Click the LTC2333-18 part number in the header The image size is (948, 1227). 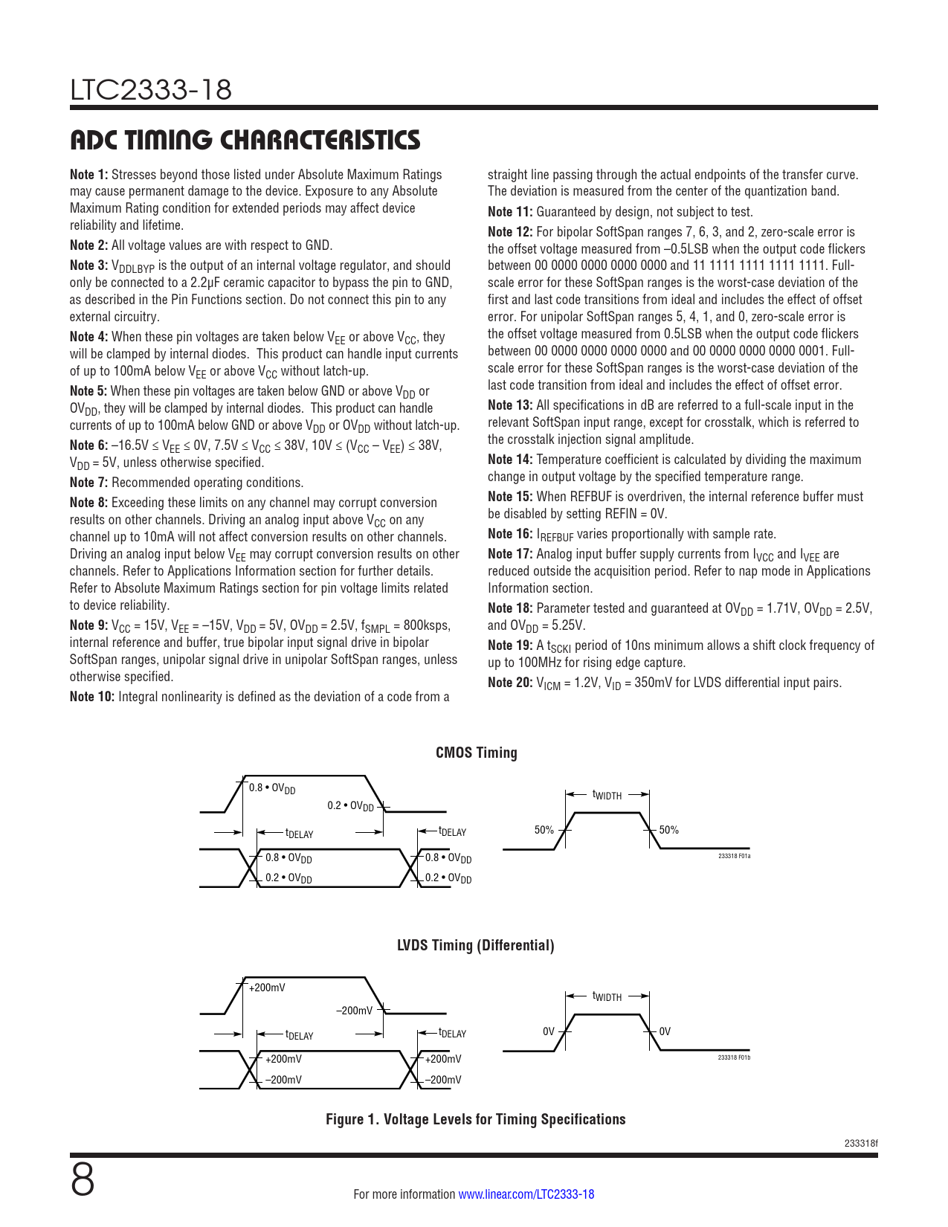(x=151, y=90)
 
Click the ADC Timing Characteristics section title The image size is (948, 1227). (x=245, y=140)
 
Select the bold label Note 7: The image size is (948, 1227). (x=88, y=483)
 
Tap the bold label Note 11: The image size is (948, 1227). (x=510, y=212)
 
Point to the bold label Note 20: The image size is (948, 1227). (x=510, y=683)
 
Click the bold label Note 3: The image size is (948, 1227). (x=88, y=265)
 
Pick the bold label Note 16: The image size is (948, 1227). (x=510, y=534)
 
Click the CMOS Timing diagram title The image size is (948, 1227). (x=476, y=753)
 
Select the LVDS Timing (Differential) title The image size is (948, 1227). (x=475, y=945)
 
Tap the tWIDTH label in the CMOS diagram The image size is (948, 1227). (x=607, y=795)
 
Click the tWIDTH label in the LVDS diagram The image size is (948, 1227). (x=607, y=996)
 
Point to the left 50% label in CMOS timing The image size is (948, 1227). (x=544, y=830)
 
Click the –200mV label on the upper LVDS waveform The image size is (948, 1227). (x=354, y=1011)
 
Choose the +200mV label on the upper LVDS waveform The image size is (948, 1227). (x=267, y=988)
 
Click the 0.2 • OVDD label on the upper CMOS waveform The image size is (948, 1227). (x=350, y=806)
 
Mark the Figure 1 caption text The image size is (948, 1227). (x=475, y=1119)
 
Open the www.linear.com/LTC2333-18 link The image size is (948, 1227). (x=526, y=1194)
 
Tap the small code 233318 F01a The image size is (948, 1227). (x=734, y=857)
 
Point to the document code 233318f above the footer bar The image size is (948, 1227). (x=861, y=1143)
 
